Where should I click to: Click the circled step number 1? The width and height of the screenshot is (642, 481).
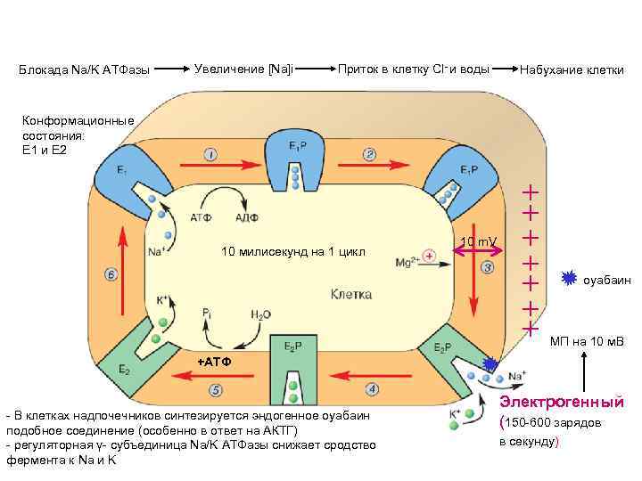tap(210, 155)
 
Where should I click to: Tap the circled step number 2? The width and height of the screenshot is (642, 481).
tap(369, 155)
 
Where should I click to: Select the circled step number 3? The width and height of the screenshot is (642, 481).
tap(487, 267)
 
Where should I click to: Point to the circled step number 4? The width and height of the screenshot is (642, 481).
tap(372, 388)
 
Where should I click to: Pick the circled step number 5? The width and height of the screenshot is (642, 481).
tap(216, 389)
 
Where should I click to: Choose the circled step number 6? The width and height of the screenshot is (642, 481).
tap(111, 274)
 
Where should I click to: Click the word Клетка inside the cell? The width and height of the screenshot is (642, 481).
tap(351, 294)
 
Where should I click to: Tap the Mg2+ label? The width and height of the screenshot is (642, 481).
tap(407, 262)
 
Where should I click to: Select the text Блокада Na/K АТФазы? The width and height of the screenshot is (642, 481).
tap(84, 69)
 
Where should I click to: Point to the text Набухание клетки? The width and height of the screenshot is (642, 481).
tap(571, 69)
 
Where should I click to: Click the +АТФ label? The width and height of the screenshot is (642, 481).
tap(213, 361)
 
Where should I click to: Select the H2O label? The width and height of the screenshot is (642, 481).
tap(261, 314)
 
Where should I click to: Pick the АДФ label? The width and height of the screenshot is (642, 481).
tap(247, 216)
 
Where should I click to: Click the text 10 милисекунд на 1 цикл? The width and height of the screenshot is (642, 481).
tap(292, 250)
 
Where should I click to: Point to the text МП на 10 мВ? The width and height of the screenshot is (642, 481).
tap(587, 341)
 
